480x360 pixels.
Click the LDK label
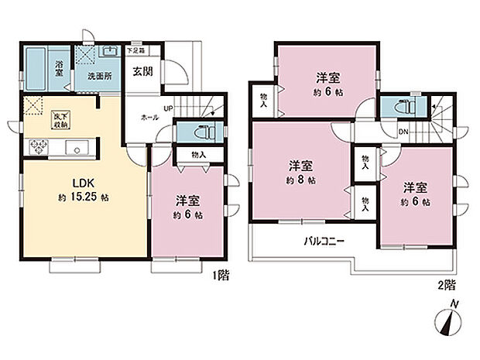point(83,183)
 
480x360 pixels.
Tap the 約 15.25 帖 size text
point(83,197)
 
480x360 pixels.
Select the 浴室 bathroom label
point(59,69)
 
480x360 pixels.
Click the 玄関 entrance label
point(141,72)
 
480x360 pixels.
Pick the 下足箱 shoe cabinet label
point(135,50)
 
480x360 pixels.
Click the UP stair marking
point(167,108)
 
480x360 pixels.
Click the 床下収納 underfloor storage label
point(60,118)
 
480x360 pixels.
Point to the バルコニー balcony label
point(324,241)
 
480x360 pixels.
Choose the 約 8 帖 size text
point(301,180)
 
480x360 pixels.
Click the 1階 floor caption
point(219,273)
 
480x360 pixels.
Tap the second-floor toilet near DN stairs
point(400,105)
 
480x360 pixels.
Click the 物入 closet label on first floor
point(198,155)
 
